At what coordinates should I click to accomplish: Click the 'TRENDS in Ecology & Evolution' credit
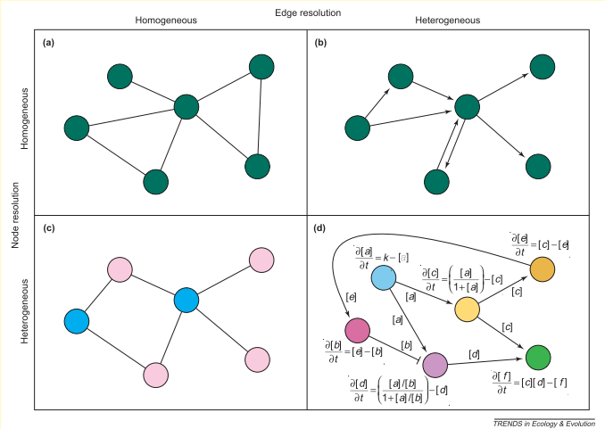[543, 422]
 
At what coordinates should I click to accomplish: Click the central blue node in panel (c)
[185, 300]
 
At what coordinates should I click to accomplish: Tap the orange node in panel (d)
[543, 268]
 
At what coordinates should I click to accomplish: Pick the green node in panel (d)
[537, 357]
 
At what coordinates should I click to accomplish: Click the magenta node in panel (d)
[357, 330]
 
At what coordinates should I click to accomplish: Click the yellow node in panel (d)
[468, 309]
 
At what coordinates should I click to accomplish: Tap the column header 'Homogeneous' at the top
[168, 19]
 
